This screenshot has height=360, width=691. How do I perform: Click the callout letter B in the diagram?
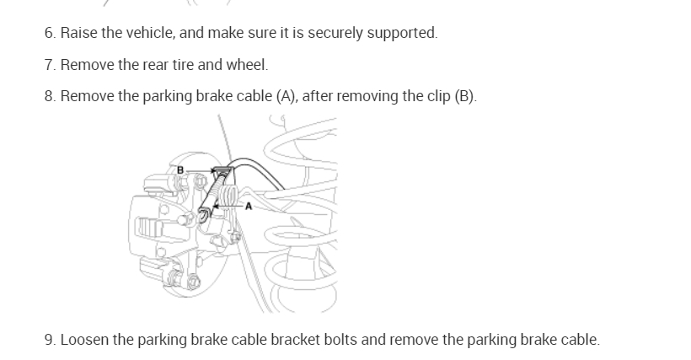coord(179,170)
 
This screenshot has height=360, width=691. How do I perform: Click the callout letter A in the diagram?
coord(249,205)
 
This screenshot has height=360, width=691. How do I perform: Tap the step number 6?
coord(48,34)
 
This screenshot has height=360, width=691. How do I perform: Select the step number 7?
coord(48,65)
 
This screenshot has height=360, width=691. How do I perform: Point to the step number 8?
coord(48,96)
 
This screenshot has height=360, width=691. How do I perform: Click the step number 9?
coord(48,341)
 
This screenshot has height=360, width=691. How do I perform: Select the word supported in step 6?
coord(406,34)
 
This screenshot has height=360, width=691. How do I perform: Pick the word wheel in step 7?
coord(247,65)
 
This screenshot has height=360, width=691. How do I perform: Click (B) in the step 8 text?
coord(464,96)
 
